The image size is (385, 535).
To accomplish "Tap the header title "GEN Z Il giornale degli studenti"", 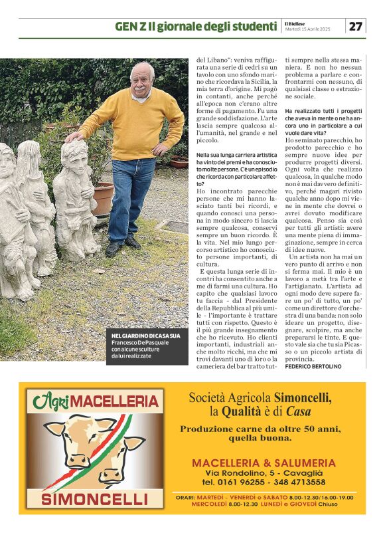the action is [195, 27].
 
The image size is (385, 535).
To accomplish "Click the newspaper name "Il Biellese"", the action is [297, 23].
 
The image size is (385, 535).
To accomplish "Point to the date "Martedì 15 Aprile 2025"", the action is [307, 29].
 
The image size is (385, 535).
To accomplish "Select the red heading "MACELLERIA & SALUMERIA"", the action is [264, 463].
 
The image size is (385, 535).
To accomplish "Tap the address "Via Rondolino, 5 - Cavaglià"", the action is [264, 472].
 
